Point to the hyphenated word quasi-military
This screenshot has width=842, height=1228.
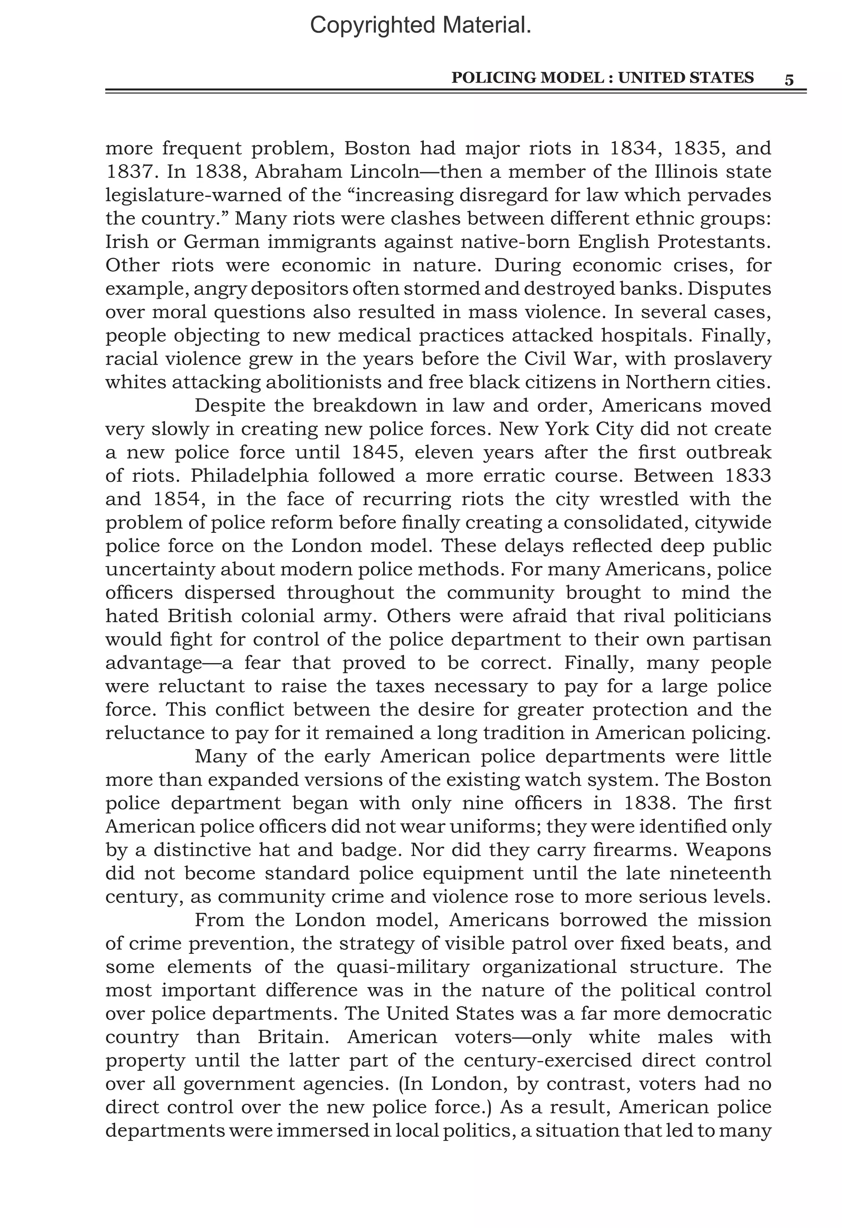[403, 967]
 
